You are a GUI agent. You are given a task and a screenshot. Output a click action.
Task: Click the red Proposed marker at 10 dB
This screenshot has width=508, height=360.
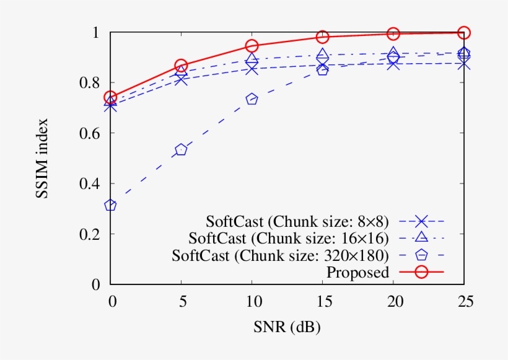pyautogui.click(x=252, y=46)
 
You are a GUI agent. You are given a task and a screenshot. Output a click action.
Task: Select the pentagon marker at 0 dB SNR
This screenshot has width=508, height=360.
pyautogui.click(x=110, y=205)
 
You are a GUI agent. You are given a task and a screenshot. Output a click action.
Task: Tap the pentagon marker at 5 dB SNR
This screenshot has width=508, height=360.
pyautogui.click(x=181, y=150)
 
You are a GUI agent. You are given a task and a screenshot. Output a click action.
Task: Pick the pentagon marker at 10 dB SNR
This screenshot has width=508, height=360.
pyautogui.click(x=252, y=99)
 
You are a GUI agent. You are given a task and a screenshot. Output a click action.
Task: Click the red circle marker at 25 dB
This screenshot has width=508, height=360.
pyautogui.click(x=464, y=32)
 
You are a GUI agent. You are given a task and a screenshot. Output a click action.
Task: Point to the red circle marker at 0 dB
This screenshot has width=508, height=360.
pyautogui.click(x=110, y=97)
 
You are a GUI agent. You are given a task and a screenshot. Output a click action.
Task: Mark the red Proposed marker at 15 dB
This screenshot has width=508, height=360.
pyautogui.click(x=323, y=37)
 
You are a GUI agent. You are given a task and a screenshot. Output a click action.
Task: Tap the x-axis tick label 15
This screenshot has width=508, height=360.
pyautogui.click(x=323, y=301)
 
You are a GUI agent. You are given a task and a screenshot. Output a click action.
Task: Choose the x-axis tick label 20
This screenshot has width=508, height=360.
pyautogui.click(x=393, y=301)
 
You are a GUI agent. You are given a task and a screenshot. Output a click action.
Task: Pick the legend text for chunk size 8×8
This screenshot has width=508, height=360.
pyautogui.click(x=298, y=221)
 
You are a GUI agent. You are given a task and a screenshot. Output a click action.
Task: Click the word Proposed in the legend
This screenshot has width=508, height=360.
pyautogui.click(x=357, y=272)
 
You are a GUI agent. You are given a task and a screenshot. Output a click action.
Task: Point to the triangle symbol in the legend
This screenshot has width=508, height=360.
pyautogui.click(x=421, y=237)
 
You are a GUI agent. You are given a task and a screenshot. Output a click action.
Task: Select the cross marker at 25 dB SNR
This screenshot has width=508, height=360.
pyautogui.click(x=464, y=63)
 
